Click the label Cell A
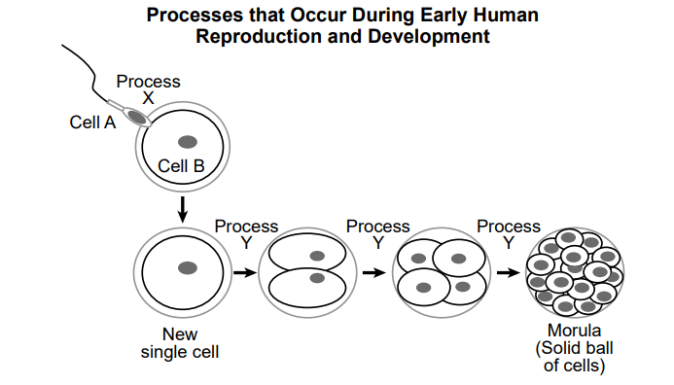(92, 122)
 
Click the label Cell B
(181, 166)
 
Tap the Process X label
(148, 89)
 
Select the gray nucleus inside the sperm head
(136, 117)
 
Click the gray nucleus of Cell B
(188, 142)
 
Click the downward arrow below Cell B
(183, 210)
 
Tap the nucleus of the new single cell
(188, 268)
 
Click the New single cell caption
(180, 343)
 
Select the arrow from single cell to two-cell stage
(245, 272)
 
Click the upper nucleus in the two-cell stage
(317, 256)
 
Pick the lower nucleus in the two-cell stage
(317, 278)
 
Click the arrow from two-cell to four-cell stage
(374, 272)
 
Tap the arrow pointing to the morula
(508, 272)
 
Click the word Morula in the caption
(574, 331)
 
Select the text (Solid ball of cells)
(574, 357)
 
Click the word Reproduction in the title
(259, 36)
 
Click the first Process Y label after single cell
(246, 234)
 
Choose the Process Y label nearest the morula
(509, 234)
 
